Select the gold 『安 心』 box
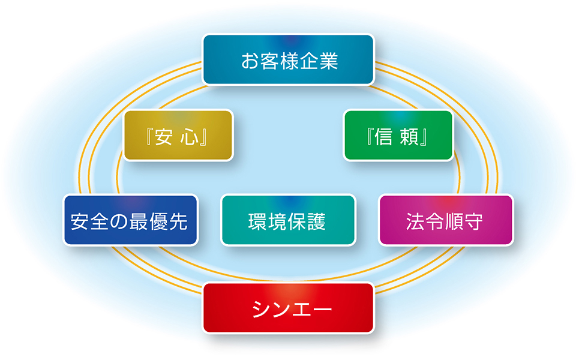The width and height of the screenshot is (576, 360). [178, 136]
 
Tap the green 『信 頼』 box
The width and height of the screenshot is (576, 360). [398, 136]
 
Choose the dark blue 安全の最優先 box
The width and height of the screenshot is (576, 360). [130, 220]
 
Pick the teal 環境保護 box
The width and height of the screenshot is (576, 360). [288, 220]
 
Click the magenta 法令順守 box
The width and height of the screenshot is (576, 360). [446, 220]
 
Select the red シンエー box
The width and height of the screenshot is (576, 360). [288, 308]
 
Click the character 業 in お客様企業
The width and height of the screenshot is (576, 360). [328, 61]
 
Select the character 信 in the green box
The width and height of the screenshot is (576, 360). [384, 137]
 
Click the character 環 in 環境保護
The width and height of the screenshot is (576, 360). [257, 222]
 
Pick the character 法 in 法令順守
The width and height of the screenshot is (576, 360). [415, 222]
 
